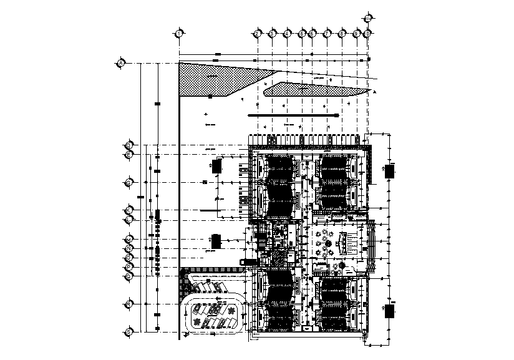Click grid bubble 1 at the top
179,33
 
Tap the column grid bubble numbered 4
288,33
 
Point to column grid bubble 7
327,33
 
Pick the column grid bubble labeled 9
357,33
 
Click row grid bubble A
122,63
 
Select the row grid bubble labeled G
129,182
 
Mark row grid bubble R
129,303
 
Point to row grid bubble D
129,146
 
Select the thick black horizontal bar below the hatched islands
293,115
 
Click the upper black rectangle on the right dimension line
390,171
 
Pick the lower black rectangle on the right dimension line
390,311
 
